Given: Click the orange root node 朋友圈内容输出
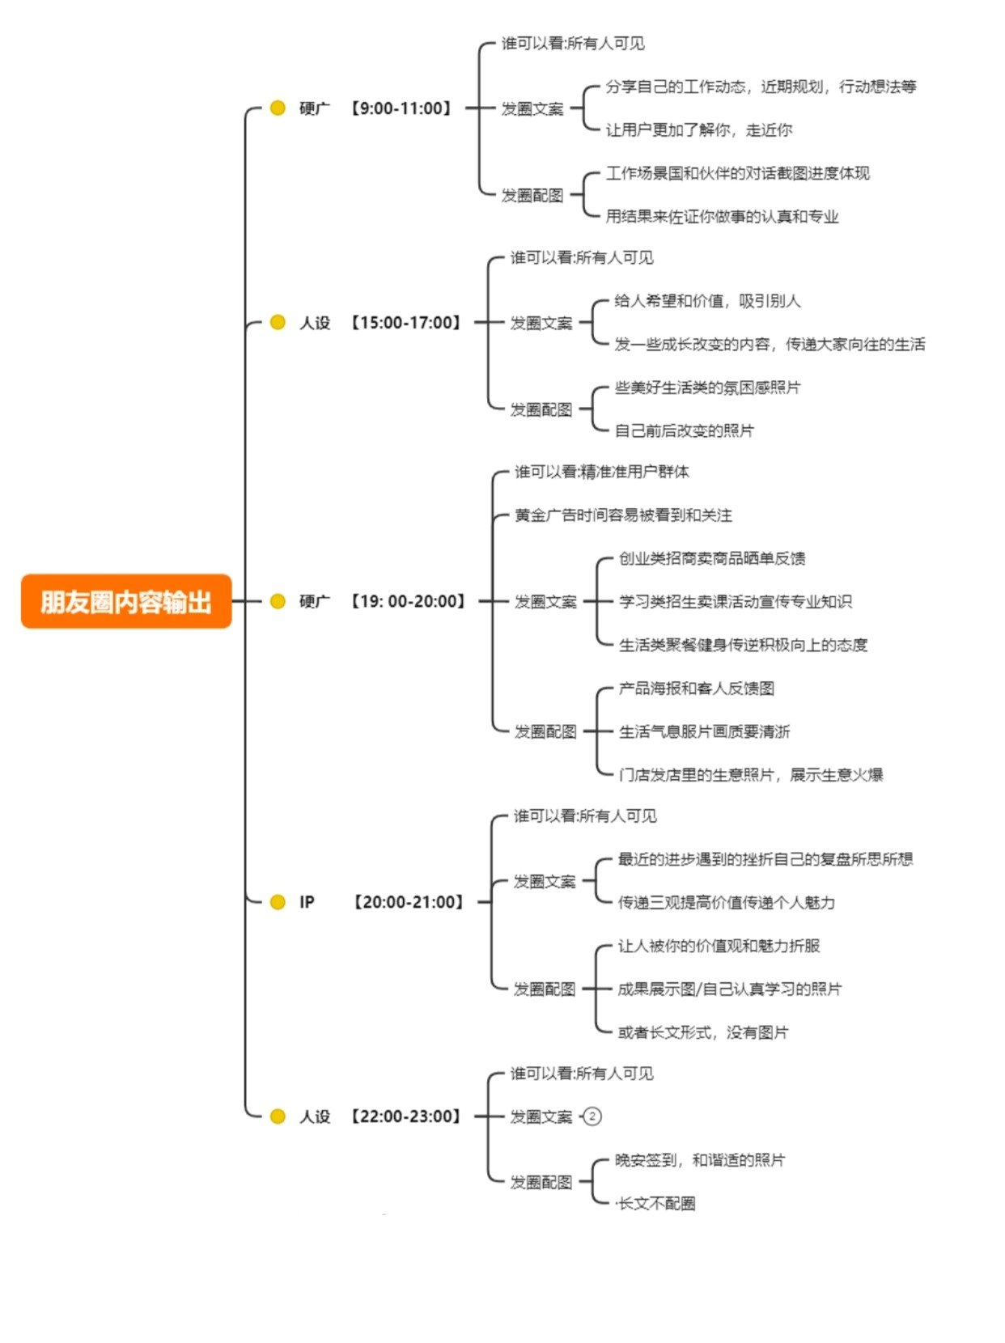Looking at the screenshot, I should pos(126,601).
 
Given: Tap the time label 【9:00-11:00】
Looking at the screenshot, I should pos(401,108).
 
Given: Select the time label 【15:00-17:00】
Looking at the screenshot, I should pos(405,322).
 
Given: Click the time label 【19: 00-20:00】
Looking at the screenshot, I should pos(408,601).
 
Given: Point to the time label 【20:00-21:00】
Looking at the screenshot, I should pos(409,901).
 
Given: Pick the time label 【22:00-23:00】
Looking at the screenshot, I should pos(405,1116).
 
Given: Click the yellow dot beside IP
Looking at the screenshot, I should pos(278,901).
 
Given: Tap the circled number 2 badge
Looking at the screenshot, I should pos(592,1116).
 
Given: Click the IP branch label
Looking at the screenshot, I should pos(307,901).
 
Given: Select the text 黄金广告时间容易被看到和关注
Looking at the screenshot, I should pos(623,515).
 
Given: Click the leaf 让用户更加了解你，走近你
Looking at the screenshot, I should pos(698,129).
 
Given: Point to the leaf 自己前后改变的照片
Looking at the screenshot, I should pos(684,430).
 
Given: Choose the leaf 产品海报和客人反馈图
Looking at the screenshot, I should pos(696,688).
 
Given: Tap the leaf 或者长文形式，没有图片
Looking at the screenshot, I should pos(702,1032).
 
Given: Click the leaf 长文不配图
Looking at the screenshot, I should pos(656,1203).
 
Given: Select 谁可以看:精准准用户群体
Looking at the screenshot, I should pos(602,472).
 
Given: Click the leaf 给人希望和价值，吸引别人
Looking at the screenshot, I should pos(707,301).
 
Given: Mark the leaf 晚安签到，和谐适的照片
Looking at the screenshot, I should pos(699,1160).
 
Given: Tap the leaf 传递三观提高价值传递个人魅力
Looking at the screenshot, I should pos(726,902).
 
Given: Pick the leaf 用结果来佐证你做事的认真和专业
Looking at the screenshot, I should pos(722,216).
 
